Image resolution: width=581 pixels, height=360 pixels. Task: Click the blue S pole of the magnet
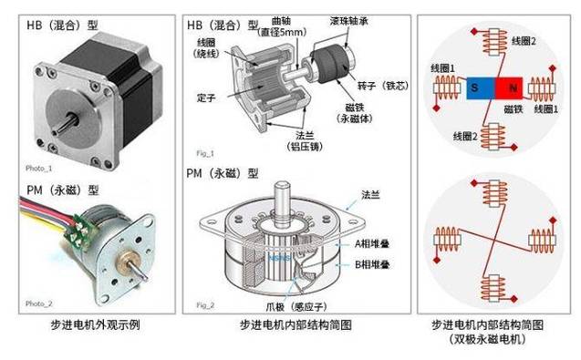coord(481,88)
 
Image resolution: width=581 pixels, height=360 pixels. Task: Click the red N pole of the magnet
coord(509,88)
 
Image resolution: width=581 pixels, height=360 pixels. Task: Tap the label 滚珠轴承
coord(349,21)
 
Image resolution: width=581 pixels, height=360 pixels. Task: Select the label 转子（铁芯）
coord(383,86)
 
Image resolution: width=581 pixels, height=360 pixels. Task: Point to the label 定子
coord(206,98)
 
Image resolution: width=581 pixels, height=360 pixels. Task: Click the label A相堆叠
coord(372,243)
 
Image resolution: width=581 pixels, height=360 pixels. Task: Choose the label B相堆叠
coord(372,264)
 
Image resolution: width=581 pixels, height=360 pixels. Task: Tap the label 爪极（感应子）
coord(296,306)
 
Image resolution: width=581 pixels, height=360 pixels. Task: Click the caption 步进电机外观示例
coord(95,324)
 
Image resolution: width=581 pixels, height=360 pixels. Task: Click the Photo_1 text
coord(39,168)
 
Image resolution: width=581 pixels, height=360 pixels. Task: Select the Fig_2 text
coord(205,305)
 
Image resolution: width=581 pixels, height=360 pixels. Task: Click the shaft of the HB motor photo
coord(66,125)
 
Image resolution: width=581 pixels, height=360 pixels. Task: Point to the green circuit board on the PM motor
coord(78,231)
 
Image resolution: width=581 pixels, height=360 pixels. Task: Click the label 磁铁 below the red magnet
coord(514,108)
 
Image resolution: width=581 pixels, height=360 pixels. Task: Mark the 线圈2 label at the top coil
coord(524,41)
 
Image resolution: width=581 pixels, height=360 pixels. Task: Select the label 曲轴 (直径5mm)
coord(282,26)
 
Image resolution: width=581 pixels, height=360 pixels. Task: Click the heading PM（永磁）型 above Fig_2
coord(223,173)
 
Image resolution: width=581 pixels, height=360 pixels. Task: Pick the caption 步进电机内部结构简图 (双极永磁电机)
coord(487,332)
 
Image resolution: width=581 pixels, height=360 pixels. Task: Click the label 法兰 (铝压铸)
coord(305,141)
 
